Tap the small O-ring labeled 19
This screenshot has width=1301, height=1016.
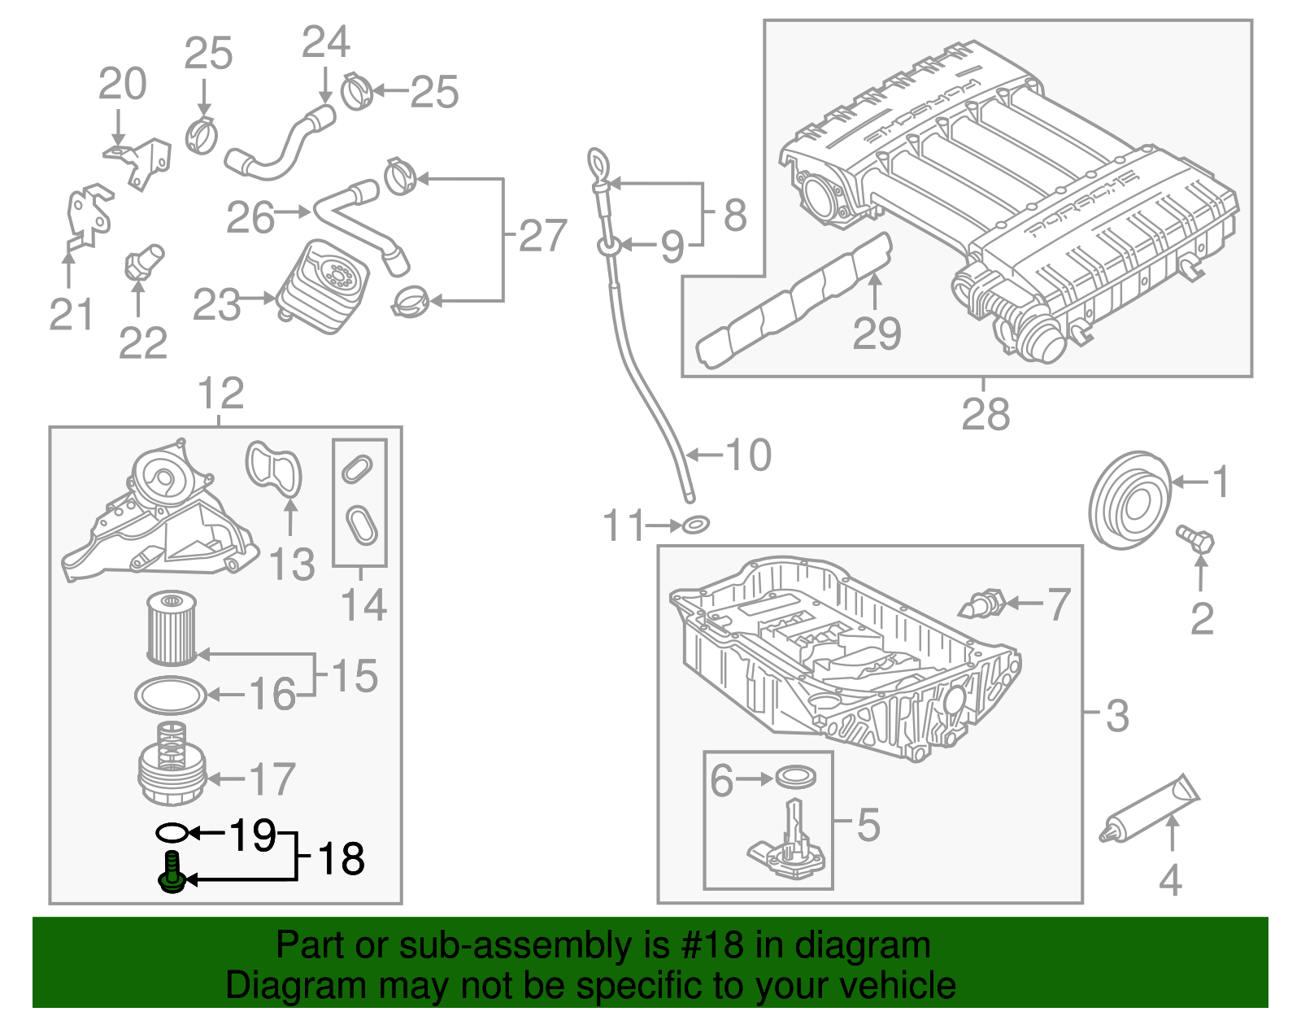click(x=172, y=832)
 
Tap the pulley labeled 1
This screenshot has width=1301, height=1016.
click(x=1129, y=499)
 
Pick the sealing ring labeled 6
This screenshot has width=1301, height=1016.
click(x=797, y=777)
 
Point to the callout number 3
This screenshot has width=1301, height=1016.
click(x=1117, y=716)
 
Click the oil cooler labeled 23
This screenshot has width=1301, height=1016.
click(x=324, y=286)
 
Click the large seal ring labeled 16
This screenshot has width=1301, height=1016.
click(x=170, y=695)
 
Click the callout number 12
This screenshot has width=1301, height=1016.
click(x=220, y=394)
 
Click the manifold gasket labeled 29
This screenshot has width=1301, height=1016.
click(x=793, y=301)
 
